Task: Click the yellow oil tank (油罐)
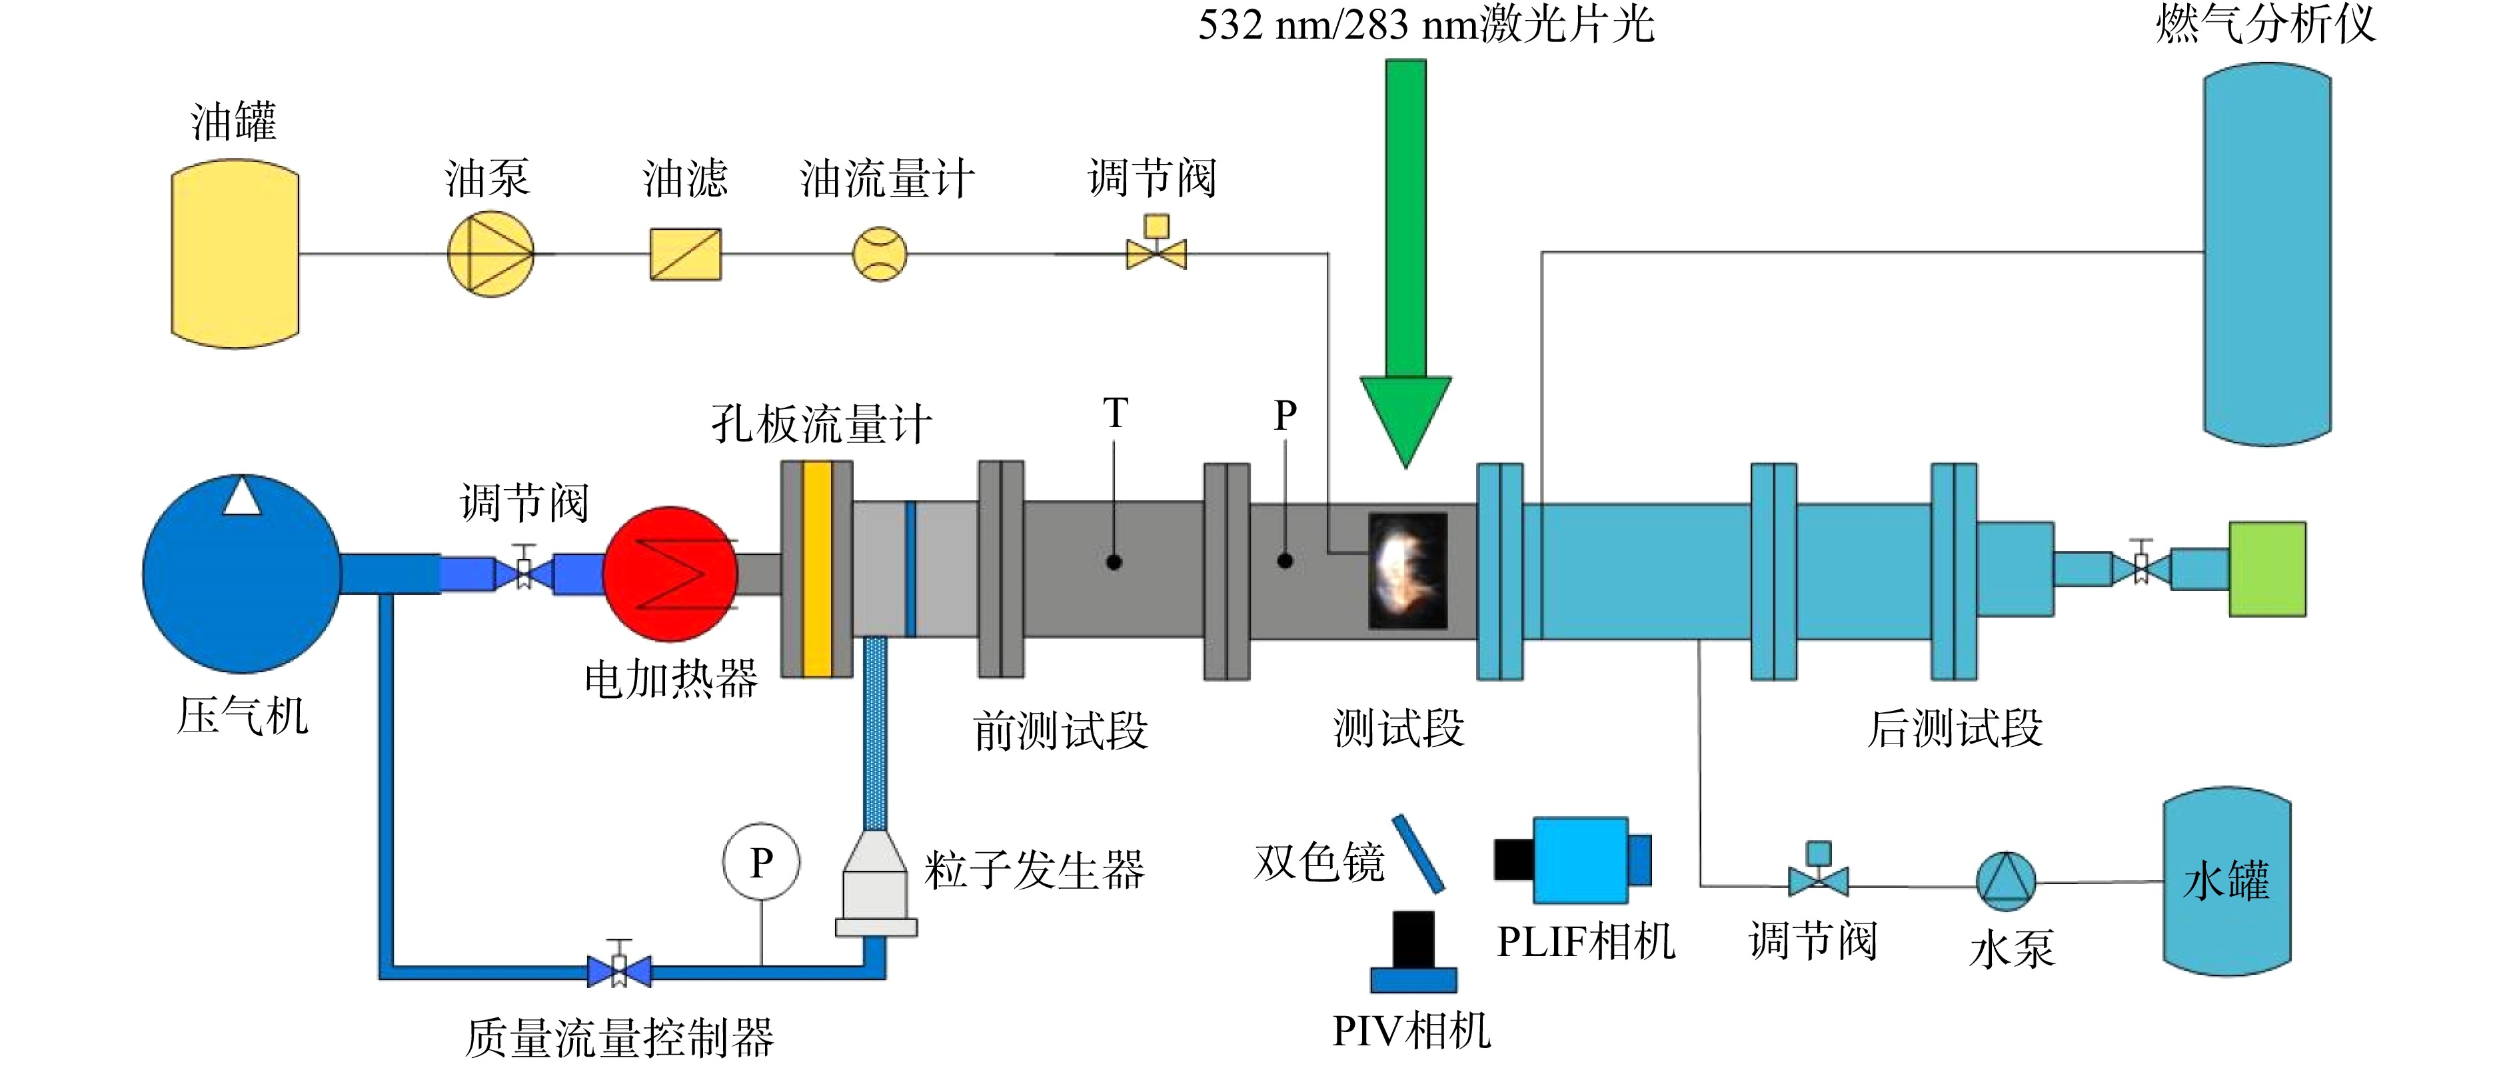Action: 235,255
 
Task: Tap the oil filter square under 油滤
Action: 686,255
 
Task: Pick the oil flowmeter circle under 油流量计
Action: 880,255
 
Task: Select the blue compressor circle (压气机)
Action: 241,574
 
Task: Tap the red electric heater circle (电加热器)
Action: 671,574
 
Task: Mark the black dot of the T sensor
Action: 1114,562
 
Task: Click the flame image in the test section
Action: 1407,571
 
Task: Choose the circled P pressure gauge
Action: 761,863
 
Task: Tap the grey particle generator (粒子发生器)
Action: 876,884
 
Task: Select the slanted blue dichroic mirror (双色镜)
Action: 1418,853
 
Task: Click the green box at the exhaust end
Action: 2268,569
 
